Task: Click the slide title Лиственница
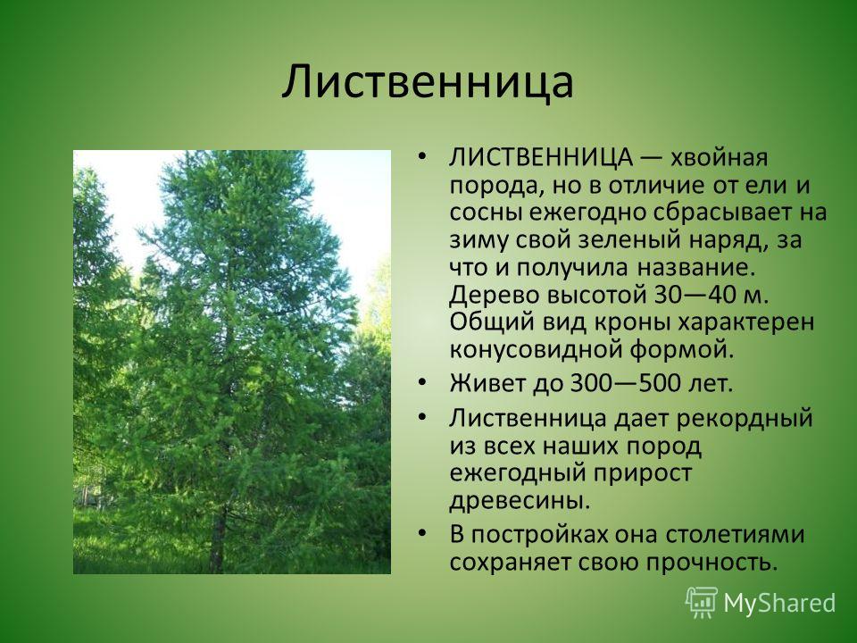tap(428, 82)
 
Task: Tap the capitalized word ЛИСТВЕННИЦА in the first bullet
tap(541, 157)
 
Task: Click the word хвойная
tap(719, 158)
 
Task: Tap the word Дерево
tap(494, 296)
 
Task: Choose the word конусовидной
tap(536, 351)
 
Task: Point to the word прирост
tap(637, 474)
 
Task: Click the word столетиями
tap(735, 535)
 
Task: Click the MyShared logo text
tap(779, 603)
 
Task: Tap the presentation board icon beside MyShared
tap(703, 602)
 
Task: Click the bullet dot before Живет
tap(420, 382)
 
